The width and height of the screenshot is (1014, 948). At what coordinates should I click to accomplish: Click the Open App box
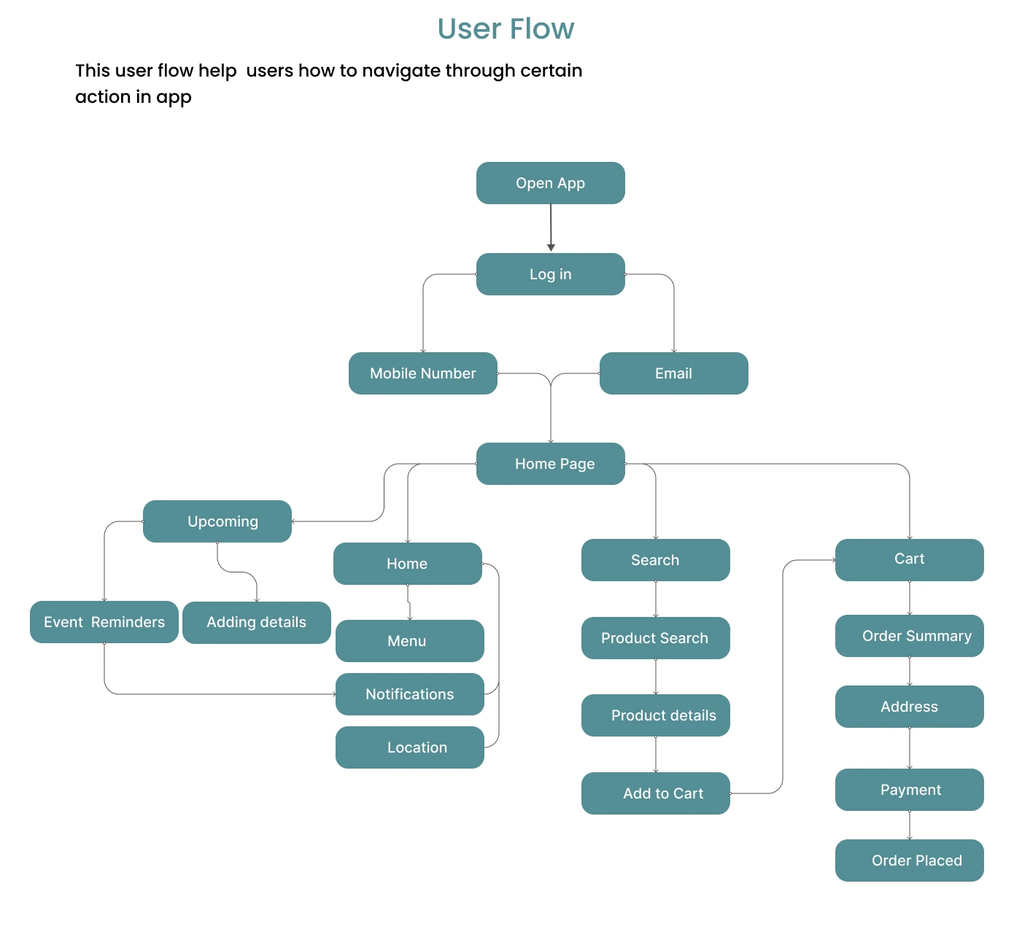point(550,183)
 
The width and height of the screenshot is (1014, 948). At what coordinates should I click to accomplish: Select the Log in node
point(550,274)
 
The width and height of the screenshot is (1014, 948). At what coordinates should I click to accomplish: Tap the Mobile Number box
point(422,373)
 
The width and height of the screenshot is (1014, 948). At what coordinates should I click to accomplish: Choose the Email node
point(673,373)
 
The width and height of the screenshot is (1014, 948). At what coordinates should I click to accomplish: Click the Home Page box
point(550,464)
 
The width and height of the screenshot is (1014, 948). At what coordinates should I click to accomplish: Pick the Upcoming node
point(217,521)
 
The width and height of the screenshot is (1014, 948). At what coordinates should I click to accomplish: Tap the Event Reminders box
point(104,622)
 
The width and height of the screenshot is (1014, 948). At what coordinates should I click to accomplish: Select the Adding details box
point(256,622)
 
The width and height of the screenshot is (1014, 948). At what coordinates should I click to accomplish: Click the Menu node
point(409,641)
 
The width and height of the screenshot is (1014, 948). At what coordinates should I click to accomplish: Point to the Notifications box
point(409,694)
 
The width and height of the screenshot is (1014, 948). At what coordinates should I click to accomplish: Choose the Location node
point(409,747)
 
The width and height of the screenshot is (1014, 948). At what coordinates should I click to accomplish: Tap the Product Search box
point(655,638)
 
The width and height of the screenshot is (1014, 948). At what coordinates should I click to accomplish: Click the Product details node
point(655,715)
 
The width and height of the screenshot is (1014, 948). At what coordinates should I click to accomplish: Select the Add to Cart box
point(655,793)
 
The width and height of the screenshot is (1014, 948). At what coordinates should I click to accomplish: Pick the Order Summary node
point(909,636)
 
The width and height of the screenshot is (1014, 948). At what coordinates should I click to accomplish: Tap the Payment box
point(909,790)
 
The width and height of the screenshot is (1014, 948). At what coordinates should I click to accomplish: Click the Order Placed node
point(909,860)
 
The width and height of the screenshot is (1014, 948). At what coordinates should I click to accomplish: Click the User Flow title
point(506,29)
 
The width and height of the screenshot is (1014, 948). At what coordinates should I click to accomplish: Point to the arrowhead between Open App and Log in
point(551,247)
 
